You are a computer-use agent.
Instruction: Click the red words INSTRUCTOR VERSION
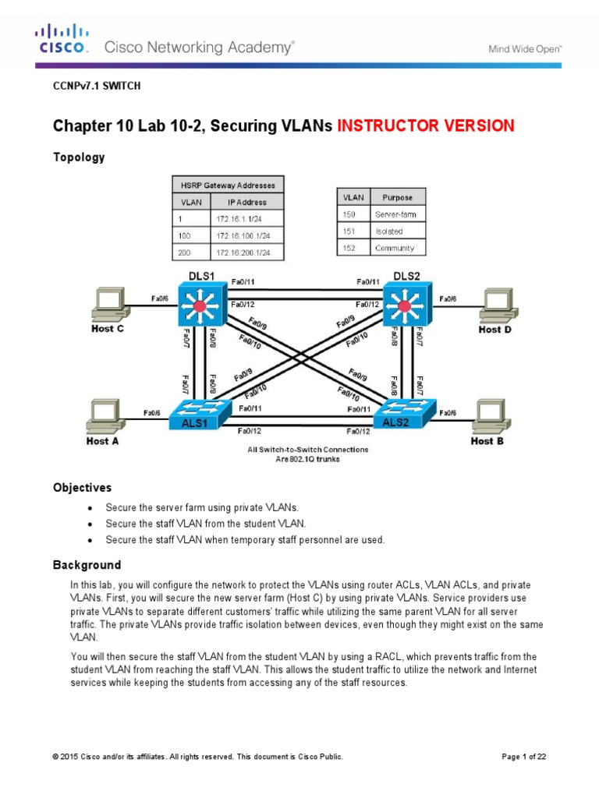(x=426, y=125)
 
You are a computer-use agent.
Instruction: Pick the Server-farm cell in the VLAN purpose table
(x=398, y=214)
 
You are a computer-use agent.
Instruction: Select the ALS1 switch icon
(x=201, y=411)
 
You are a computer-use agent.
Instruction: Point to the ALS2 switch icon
(x=404, y=411)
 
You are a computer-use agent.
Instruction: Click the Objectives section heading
(x=82, y=488)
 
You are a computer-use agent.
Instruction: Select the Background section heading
(x=87, y=565)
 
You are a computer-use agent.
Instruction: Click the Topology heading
(x=78, y=157)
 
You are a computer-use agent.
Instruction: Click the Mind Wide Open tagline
(x=525, y=48)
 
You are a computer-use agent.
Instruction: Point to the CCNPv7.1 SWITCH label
(x=97, y=87)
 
